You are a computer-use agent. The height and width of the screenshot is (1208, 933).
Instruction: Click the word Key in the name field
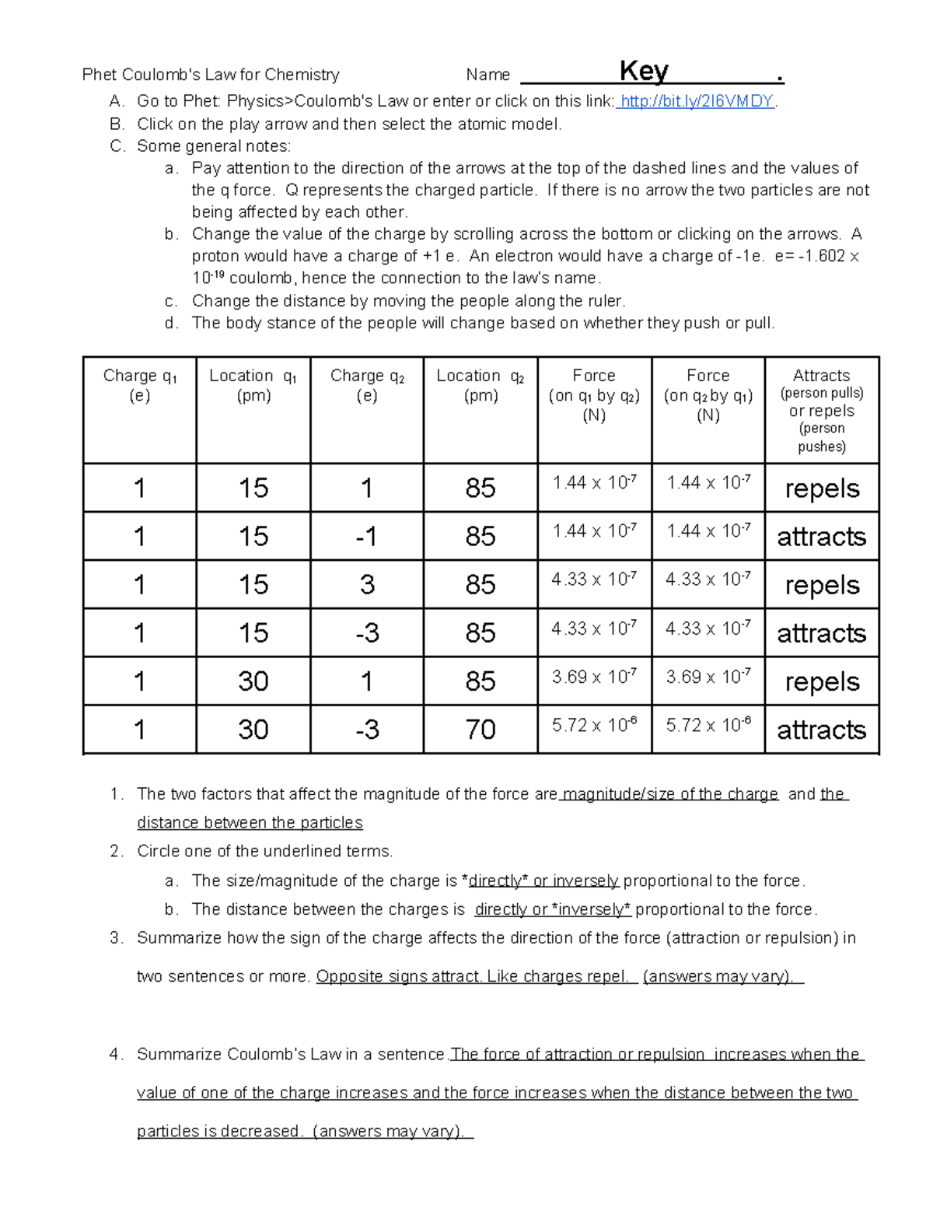click(644, 72)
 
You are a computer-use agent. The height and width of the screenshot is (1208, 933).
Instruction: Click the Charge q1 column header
click(140, 385)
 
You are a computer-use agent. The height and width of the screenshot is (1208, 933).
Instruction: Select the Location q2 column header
click(480, 385)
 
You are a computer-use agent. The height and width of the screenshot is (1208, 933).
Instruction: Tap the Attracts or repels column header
click(822, 410)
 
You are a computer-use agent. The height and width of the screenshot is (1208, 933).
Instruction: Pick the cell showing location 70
click(480, 730)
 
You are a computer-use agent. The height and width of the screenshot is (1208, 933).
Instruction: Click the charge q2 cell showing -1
click(367, 537)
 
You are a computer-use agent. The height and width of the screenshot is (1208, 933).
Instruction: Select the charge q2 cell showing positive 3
click(367, 585)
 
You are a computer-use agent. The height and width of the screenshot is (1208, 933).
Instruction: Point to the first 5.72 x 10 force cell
click(594, 726)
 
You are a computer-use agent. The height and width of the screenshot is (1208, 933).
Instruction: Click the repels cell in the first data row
click(822, 488)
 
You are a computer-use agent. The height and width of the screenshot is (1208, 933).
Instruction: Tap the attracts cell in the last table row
click(822, 730)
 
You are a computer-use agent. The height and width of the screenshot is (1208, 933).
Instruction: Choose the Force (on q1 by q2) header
click(594, 395)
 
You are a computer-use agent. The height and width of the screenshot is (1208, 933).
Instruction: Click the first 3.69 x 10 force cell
click(594, 677)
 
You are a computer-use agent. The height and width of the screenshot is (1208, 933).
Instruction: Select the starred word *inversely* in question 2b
click(591, 909)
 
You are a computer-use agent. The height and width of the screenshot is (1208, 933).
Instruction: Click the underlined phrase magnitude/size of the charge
click(669, 794)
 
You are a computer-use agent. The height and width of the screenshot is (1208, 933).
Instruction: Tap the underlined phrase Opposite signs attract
click(398, 977)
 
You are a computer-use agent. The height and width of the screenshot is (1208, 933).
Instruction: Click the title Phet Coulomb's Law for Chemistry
click(211, 75)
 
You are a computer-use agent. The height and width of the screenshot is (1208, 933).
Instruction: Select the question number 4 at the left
click(115, 1055)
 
